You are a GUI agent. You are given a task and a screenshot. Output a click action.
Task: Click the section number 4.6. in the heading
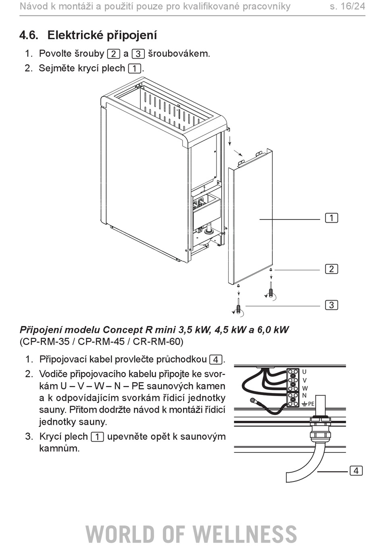click(29, 35)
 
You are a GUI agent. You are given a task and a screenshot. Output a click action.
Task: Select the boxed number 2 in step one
click(113, 54)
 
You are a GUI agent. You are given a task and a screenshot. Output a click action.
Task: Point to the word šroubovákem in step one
click(179, 54)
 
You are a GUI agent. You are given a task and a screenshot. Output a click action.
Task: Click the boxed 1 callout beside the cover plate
click(331, 218)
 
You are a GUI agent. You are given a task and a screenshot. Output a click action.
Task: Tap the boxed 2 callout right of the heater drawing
click(331, 269)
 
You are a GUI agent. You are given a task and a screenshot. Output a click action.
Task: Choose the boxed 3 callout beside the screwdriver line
click(331, 305)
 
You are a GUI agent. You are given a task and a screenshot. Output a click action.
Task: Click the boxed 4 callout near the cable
click(356, 470)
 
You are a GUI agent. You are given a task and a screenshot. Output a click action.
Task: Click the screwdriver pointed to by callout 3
click(239, 308)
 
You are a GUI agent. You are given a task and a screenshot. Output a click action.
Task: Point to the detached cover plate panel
click(250, 217)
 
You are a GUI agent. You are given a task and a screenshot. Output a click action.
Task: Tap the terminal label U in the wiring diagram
click(304, 372)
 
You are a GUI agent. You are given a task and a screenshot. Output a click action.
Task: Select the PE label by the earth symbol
click(311, 404)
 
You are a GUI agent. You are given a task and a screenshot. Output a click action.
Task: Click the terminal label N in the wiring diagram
click(304, 395)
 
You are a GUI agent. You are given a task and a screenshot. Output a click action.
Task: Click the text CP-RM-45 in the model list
click(101, 341)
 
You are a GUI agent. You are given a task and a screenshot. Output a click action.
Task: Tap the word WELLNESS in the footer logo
click(245, 534)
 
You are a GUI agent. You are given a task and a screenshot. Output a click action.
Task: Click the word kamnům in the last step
click(59, 448)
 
